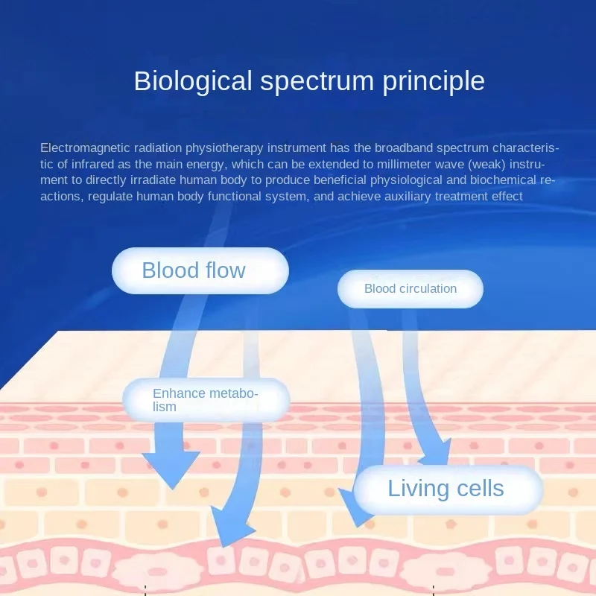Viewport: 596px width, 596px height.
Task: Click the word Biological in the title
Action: click(193, 81)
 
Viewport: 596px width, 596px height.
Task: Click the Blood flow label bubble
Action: click(200, 270)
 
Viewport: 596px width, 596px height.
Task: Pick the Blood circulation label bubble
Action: click(410, 289)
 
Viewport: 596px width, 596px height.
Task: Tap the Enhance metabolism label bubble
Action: click(206, 399)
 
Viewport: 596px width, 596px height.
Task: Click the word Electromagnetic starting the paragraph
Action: click(85, 148)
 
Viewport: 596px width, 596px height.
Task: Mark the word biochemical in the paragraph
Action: click(503, 180)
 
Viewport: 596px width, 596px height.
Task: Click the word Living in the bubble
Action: click(418, 489)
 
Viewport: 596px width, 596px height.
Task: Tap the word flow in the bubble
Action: click(226, 270)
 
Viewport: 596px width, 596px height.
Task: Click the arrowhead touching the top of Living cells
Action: click(435, 452)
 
